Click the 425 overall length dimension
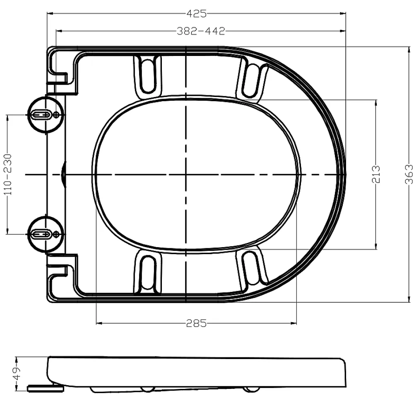tap(196, 14)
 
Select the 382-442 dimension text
tap(201, 31)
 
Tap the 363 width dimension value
tap(409, 174)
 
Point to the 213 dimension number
tap(375, 174)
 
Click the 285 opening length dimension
tap(196, 323)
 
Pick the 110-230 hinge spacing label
tap(8, 175)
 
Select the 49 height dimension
tap(17, 373)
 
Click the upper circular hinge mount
tap(46, 114)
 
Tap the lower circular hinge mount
tap(46, 234)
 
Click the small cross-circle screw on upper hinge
tap(56, 115)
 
